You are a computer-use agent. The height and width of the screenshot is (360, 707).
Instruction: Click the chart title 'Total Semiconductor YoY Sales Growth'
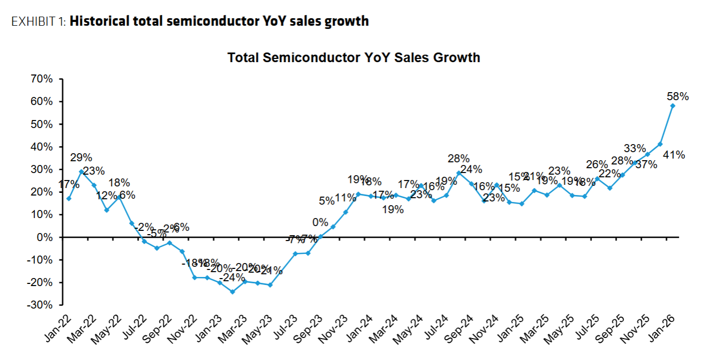pos(353,58)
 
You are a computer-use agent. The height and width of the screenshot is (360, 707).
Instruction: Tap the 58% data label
pos(678,97)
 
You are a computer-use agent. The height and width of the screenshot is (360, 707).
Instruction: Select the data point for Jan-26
pos(673,106)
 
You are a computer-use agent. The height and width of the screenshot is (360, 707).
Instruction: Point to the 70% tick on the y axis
pos(42,79)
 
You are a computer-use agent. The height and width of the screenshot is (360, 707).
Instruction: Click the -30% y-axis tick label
pos(41,305)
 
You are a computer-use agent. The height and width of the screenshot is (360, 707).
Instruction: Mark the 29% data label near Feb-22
pos(81,158)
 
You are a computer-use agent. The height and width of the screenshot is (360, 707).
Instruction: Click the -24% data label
pos(232,279)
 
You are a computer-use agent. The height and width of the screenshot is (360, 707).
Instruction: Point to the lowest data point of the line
pos(232,292)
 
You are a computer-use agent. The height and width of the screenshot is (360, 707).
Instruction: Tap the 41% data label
pos(674,155)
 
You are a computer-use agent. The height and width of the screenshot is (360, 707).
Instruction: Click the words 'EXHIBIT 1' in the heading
pos(38,21)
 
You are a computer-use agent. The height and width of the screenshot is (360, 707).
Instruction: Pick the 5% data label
pos(327,201)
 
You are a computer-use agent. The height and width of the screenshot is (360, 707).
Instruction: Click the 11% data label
pos(345,198)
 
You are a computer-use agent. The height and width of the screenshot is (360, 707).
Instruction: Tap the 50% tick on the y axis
pos(42,124)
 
